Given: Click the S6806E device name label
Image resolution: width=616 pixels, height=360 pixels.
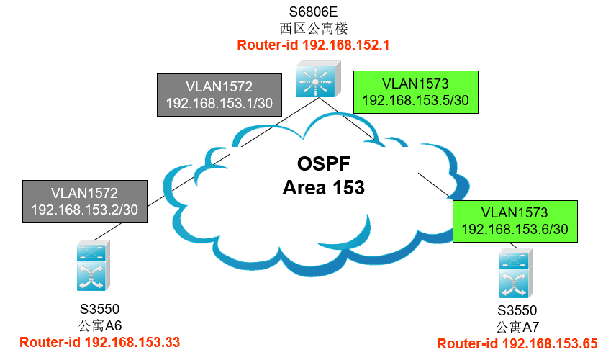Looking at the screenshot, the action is click(x=313, y=12).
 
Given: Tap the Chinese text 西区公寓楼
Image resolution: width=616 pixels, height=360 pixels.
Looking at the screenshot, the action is click(x=314, y=28).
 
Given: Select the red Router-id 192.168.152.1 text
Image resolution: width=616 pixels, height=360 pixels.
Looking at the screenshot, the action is click(x=313, y=45).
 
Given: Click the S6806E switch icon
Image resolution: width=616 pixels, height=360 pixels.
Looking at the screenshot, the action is click(x=318, y=78).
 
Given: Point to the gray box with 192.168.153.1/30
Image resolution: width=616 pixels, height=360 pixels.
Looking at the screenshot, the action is click(x=219, y=95).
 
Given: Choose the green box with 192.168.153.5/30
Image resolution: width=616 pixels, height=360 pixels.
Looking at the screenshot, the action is click(x=416, y=92).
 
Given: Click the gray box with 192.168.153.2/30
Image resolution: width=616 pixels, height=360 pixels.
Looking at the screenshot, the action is click(x=85, y=202).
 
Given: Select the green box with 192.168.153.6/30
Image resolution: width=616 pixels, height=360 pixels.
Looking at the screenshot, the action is click(x=515, y=221).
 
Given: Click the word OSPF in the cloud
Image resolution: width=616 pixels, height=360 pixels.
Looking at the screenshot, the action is click(x=323, y=164).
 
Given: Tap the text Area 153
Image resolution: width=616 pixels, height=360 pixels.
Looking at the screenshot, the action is click(x=323, y=187).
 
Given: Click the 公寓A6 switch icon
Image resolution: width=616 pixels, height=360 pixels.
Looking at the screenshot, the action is click(x=94, y=265).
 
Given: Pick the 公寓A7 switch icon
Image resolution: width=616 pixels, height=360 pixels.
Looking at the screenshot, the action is click(x=516, y=273).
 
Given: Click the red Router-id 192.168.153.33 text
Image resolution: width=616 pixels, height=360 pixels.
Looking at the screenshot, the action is click(x=100, y=342).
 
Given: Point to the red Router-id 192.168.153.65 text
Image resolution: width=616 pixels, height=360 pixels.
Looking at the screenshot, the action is click(x=517, y=344).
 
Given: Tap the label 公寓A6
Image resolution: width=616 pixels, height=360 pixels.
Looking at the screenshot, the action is click(x=100, y=326).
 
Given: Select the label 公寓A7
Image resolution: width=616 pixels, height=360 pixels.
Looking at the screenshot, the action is click(x=517, y=327).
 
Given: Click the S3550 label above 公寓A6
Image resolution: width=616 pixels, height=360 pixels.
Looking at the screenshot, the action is click(x=100, y=310).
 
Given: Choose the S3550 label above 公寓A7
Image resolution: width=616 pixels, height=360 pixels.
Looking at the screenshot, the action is click(x=517, y=311).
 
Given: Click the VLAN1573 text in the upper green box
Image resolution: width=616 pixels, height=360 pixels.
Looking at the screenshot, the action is click(x=416, y=84).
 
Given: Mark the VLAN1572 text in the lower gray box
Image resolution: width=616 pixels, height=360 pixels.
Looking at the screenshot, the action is click(x=84, y=194).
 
